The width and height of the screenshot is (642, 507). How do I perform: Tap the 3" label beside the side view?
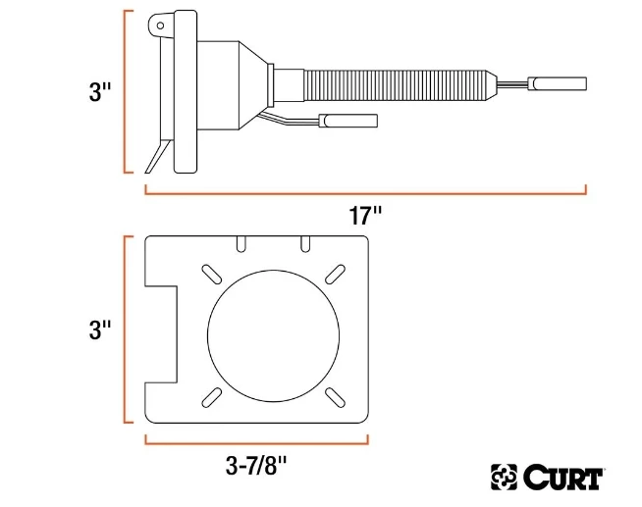(x=99, y=93)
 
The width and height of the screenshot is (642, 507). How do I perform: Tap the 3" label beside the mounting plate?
(x=99, y=329)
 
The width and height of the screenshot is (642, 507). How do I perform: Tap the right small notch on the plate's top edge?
(x=305, y=241)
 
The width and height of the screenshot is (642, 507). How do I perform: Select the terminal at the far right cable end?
(x=558, y=83)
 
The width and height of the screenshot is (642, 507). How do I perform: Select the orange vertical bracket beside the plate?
(x=128, y=330)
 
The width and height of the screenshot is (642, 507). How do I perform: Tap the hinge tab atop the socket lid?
(x=162, y=25)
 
